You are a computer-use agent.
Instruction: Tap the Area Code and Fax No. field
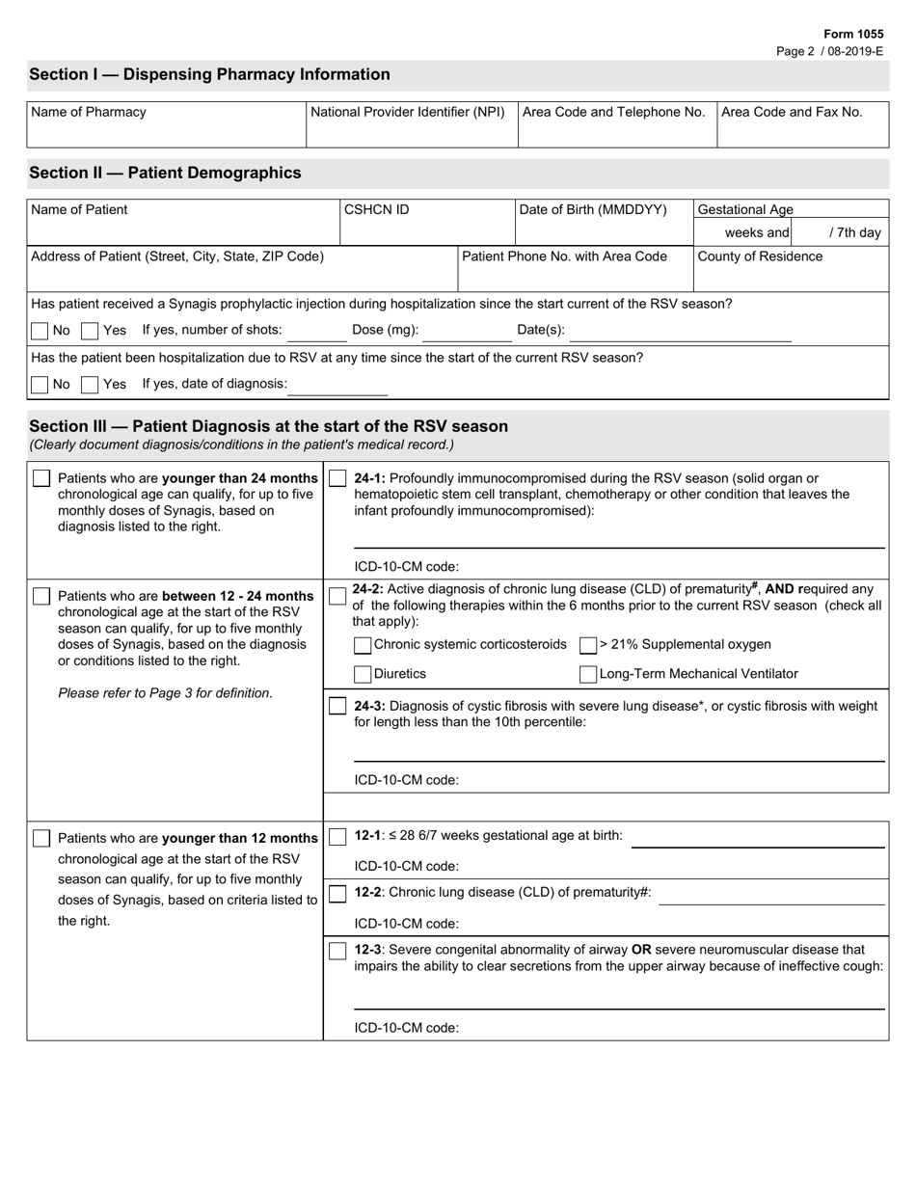tap(802, 126)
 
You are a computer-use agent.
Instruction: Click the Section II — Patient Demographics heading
tap(165, 173)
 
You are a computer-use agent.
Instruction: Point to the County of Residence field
tap(791, 275)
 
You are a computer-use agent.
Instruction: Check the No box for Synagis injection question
tap(40, 331)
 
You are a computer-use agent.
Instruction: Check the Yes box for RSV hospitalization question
tap(90, 385)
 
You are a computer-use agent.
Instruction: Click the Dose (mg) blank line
tap(467, 332)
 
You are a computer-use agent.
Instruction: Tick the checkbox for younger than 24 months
tap(41, 479)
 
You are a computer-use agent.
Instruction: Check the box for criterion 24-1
tap(337, 479)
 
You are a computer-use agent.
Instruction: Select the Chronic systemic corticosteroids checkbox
tap(363, 645)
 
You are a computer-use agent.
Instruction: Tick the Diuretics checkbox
tap(363, 674)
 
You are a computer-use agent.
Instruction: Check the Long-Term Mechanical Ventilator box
tap(588, 674)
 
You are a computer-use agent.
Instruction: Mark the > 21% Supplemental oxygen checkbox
tap(588, 645)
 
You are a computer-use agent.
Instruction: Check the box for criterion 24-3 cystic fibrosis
tap(337, 707)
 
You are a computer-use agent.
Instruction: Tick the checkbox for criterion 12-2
tap(337, 894)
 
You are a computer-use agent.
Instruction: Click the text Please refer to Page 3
tap(165, 693)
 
